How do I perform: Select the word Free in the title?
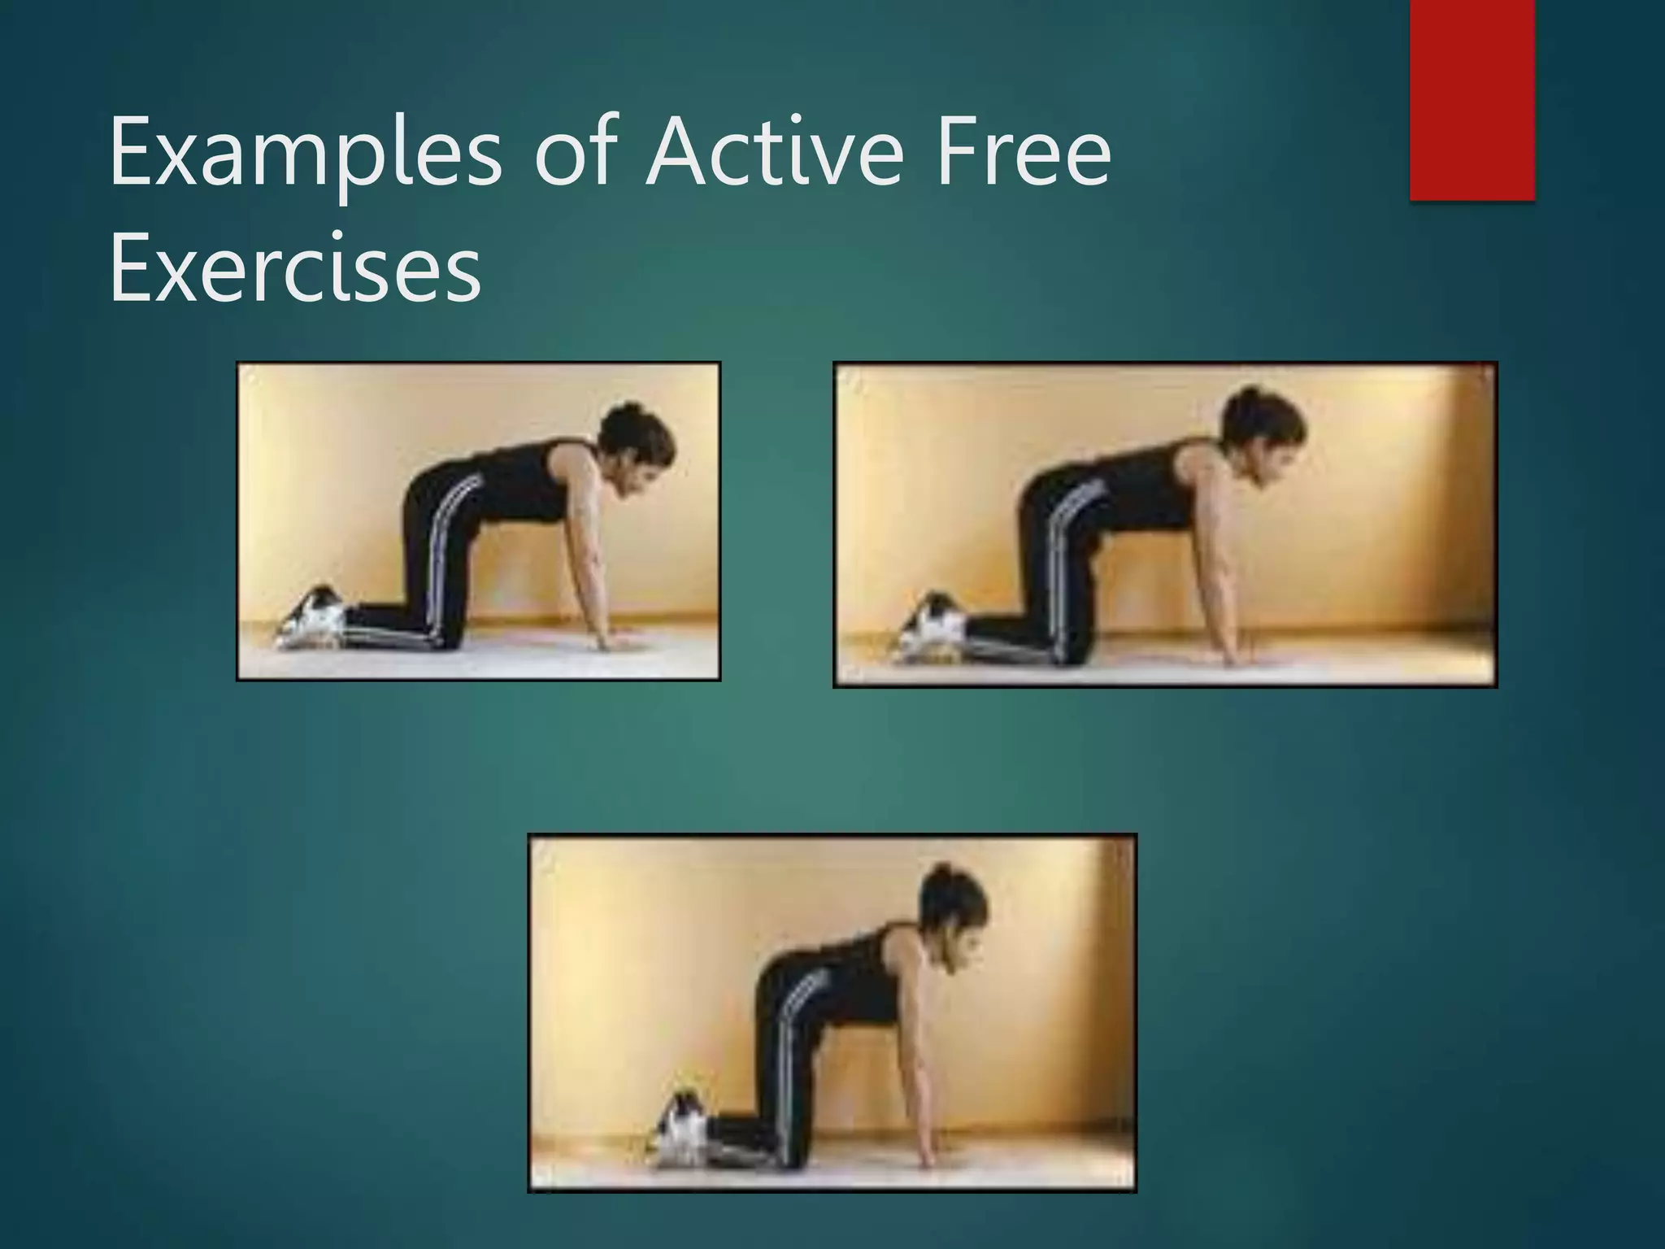tap(1024, 152)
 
